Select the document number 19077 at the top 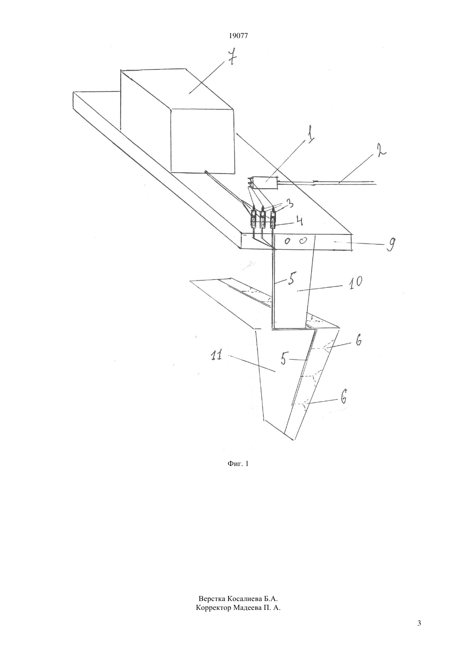click(x=238, y=36)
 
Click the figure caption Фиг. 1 click(x=238, y=464)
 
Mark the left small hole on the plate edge click(x=288, y=242)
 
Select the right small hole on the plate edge click(x=303, y=241)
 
